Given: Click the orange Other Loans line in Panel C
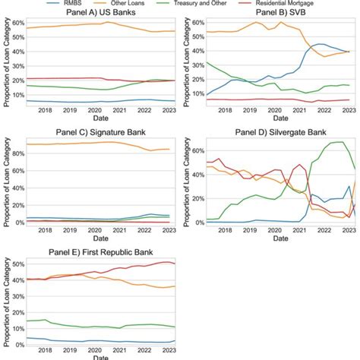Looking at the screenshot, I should coord(76,144).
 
